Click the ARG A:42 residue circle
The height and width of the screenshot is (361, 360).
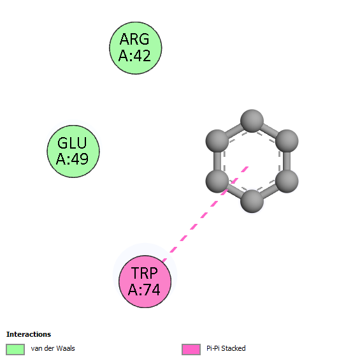tap(136, 48)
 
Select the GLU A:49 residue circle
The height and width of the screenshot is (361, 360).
tap(73, 152)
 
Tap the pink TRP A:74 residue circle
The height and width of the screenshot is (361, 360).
tap(145, 281)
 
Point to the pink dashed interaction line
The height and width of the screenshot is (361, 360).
tap(205, 214)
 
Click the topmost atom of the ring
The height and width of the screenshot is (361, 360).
tap(252, 121)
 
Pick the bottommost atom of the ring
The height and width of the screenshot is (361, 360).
tap(252, 201)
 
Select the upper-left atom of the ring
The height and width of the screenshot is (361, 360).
tap(217, 141)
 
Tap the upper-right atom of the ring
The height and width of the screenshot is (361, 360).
tap(287, 141)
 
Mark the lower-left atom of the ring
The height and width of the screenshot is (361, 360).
tap(217, 181)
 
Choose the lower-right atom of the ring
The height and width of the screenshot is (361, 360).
tap(287, 181)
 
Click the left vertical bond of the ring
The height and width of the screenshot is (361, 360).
tap(217, 161)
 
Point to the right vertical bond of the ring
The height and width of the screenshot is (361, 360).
tap(287, 161)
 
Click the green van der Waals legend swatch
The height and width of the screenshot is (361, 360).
tap(15, 350)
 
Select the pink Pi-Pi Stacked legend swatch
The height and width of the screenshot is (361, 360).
tap(191, 350)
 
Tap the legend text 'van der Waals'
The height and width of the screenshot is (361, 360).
tap(53, 348)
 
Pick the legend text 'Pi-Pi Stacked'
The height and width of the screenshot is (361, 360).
tap(226, 348)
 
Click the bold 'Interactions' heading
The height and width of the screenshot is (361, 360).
tap(29, 334)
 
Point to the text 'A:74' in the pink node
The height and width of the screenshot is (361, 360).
tap(144, 290)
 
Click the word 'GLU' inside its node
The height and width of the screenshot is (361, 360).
tap(72, 143)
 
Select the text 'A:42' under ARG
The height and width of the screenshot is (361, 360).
tap(134, 55)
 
